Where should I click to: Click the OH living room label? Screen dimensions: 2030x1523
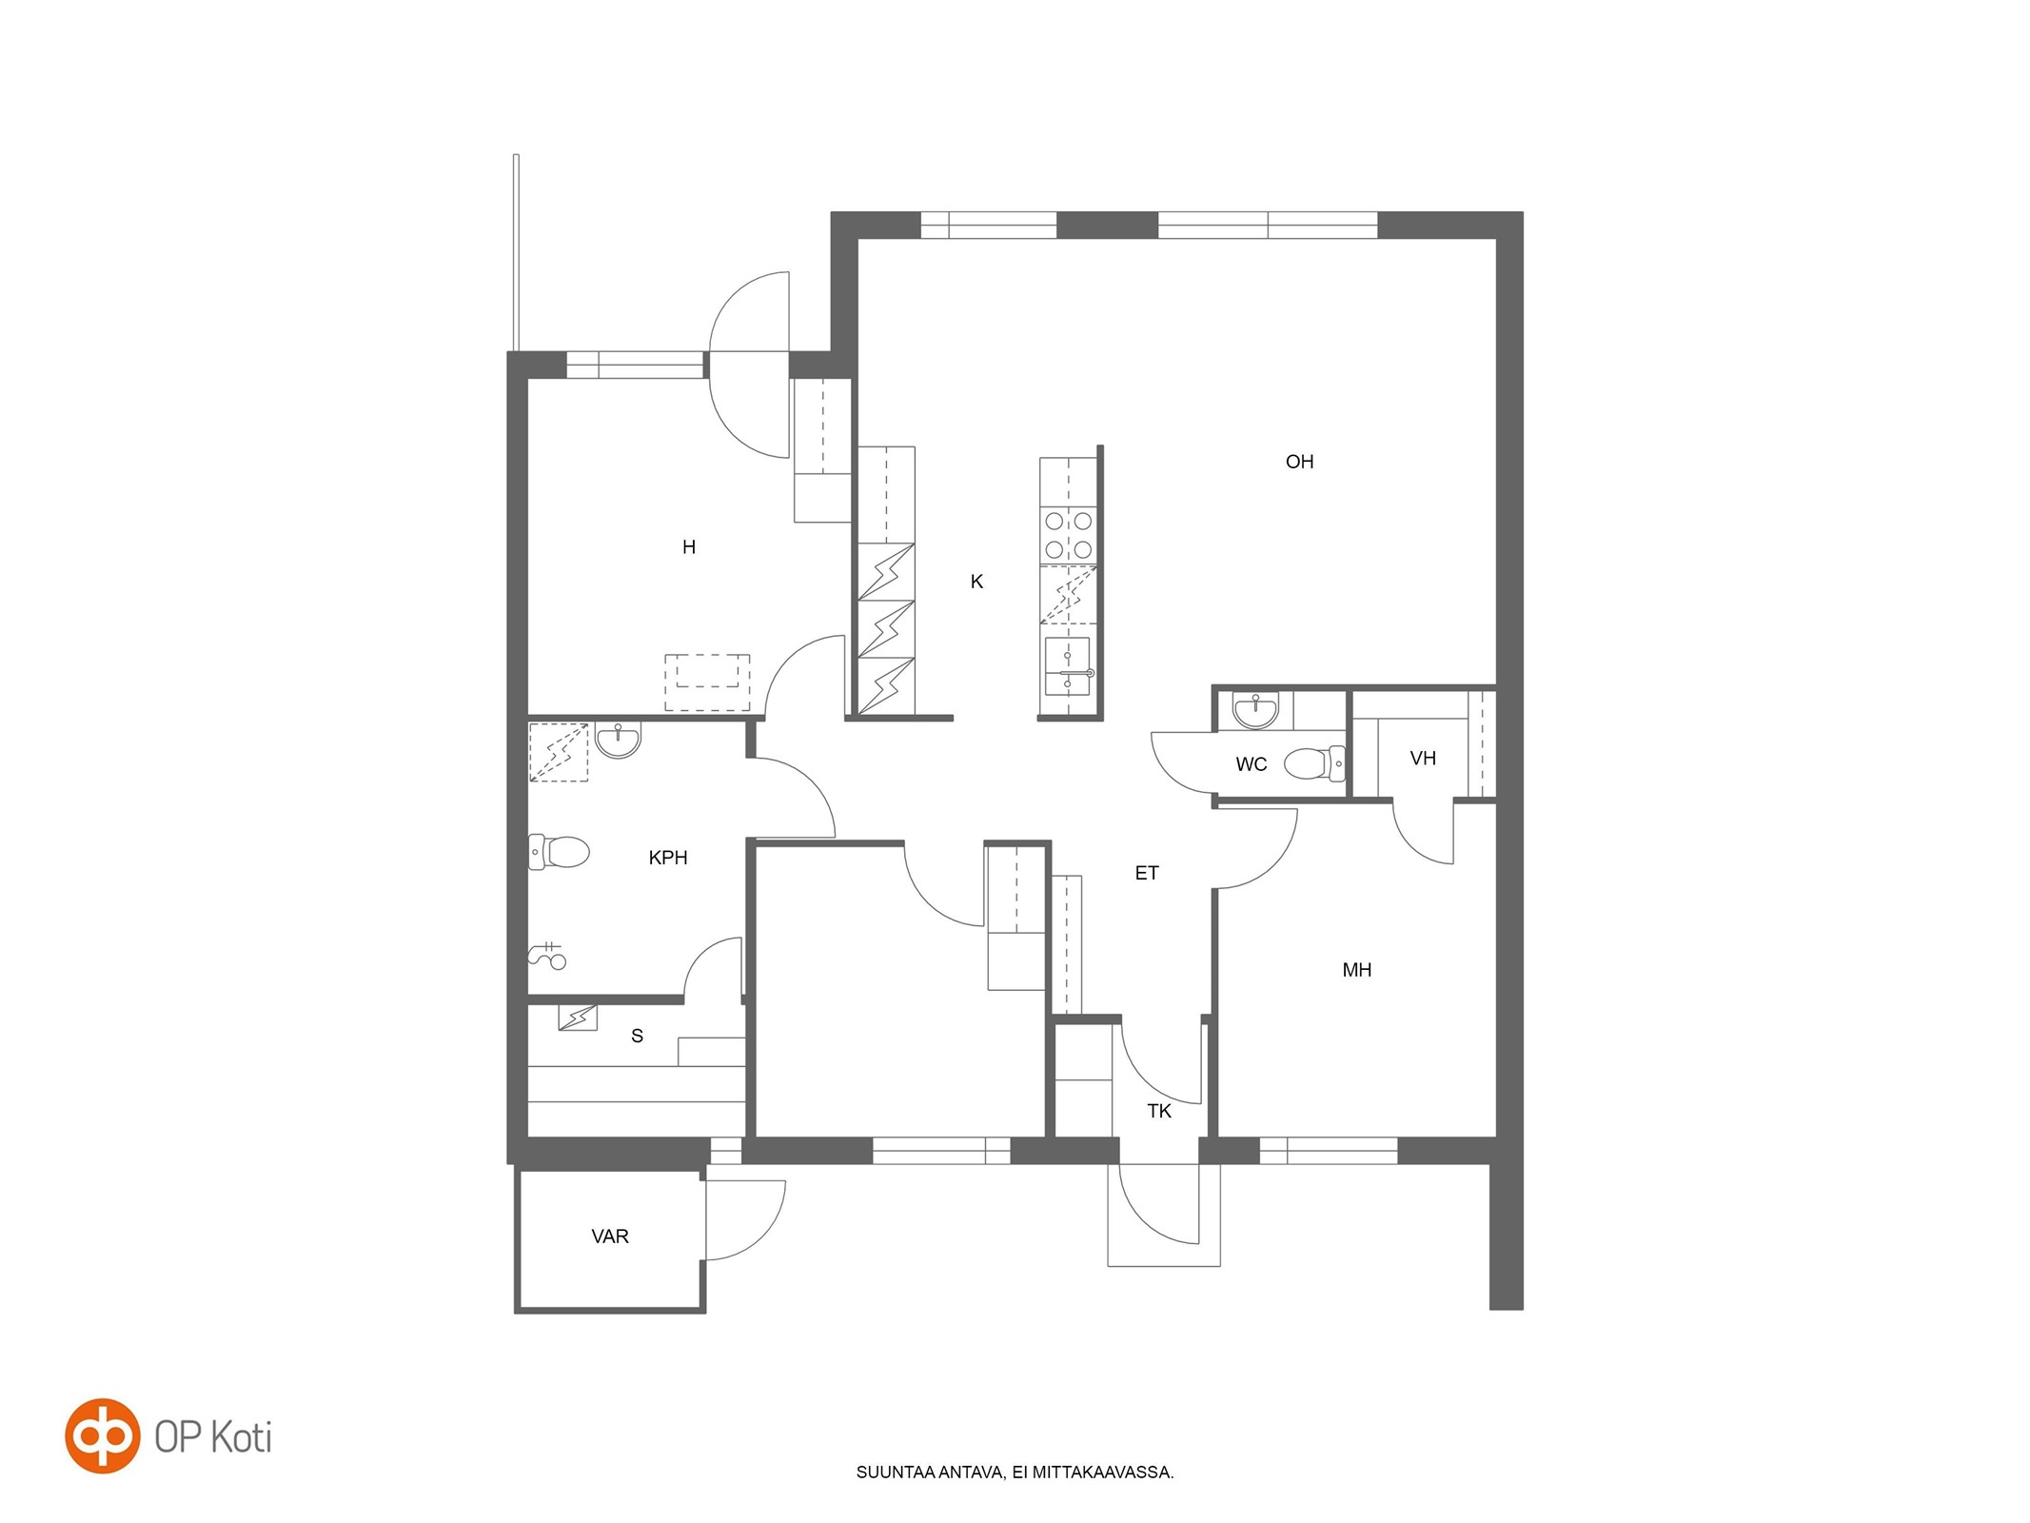click(x=1299, y=462)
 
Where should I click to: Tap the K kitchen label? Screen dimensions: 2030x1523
click(x=976, y=582)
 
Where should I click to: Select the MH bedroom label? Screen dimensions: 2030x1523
click(x=1356, y=970)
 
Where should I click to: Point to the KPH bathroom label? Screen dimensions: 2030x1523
click(x=667, y=858)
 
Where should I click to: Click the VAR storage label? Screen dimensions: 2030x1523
click(x=610, y=1236)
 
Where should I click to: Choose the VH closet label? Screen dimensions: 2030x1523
click(x=1423, y=759)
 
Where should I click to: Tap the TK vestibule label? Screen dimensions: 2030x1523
click(x=1159, y=1111)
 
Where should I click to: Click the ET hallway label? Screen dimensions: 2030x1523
click(x=1147, y=873)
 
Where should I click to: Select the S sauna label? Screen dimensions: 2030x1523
click(x=638, y=1036)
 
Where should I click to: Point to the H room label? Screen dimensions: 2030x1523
click(x=689, y=547)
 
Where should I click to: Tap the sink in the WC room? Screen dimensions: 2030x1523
click(x=1256, y=710)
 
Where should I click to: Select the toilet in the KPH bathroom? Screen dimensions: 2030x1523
click(x=559, y=852)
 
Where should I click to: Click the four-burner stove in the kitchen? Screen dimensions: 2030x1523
click(x=1069, y=536)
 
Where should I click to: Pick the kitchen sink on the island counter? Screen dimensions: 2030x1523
click(x=1068, y=666)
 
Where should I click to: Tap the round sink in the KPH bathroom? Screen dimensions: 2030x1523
click(x=619, y=740)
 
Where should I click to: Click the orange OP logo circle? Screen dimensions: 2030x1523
click(x=102, y=1436)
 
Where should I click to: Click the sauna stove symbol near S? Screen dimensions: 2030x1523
click(x=577, y=1018)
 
